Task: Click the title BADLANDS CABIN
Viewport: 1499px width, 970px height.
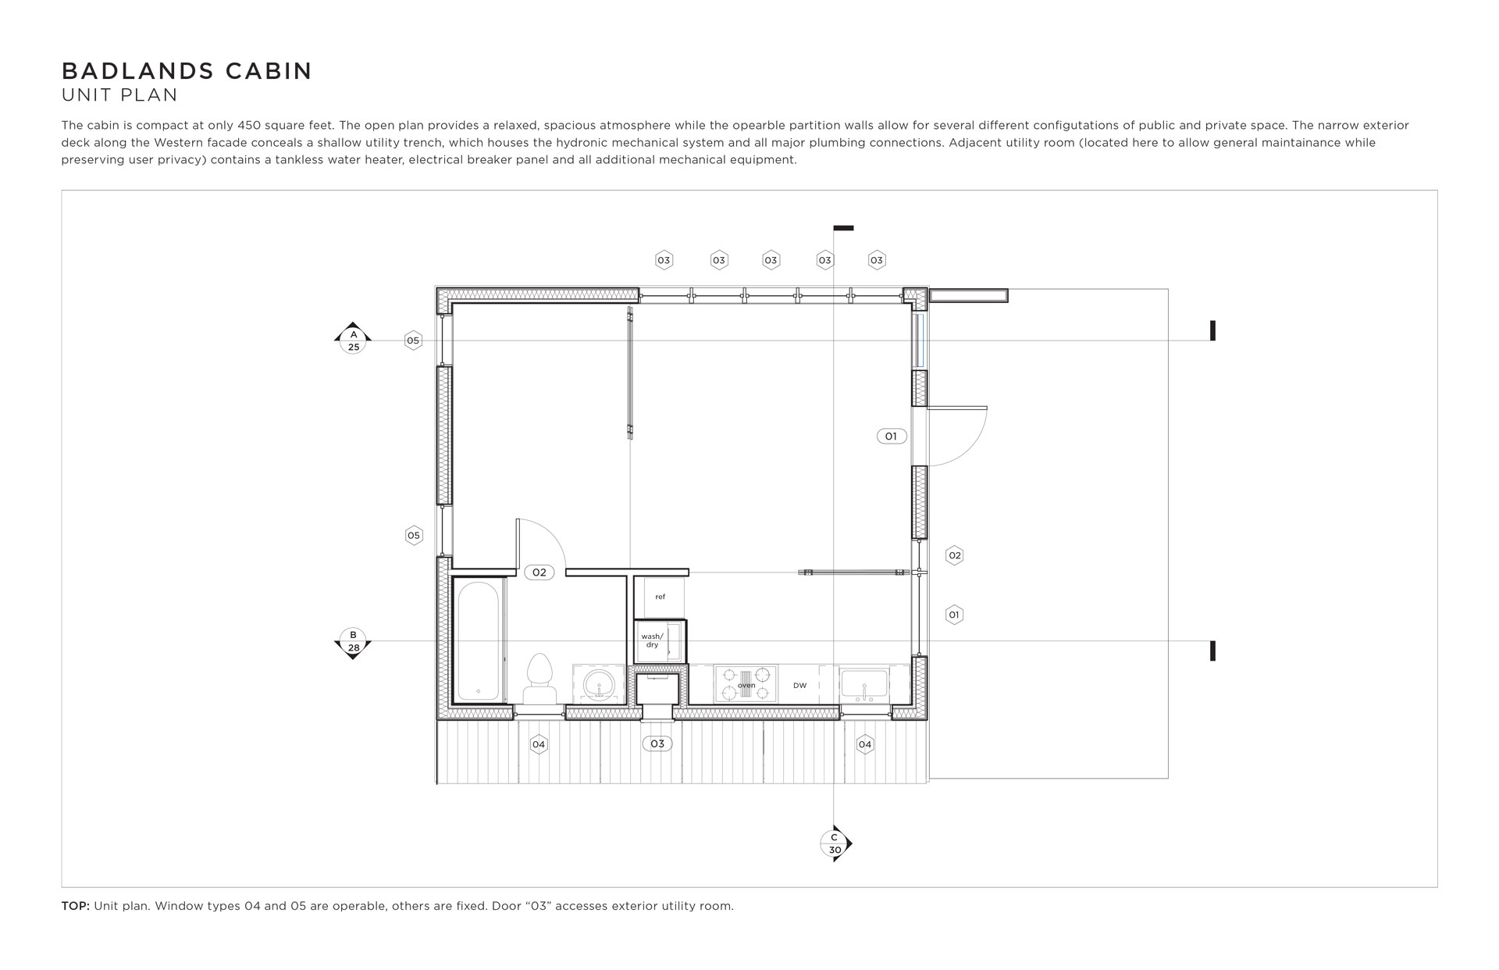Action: (187, 71)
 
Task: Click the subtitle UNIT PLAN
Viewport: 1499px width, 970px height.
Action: (119, 95)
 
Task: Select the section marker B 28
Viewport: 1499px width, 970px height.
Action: (354, 642)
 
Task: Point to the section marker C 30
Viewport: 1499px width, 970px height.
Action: (835, 843)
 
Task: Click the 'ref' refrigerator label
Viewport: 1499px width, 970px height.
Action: (660, 597)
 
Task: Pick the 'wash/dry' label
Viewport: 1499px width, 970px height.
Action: (652, 640)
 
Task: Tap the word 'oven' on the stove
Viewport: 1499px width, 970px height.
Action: (746, 686)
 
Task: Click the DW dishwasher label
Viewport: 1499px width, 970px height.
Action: (800, 686)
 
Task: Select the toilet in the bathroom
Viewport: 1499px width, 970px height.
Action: (539, 679)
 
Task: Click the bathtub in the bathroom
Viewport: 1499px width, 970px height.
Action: (479, 641)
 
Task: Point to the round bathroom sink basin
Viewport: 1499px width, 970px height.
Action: (600, 685)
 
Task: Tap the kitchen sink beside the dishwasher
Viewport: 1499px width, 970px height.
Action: (865, 685)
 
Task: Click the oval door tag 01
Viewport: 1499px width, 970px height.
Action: (892, 437)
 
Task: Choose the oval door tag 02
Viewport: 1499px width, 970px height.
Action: (539, 572)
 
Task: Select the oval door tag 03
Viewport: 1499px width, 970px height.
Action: (657, 744)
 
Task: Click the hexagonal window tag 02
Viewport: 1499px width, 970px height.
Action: (954, 555)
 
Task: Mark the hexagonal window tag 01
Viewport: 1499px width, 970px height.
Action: (954, 615)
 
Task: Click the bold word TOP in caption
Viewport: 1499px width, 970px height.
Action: (76, 907)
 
